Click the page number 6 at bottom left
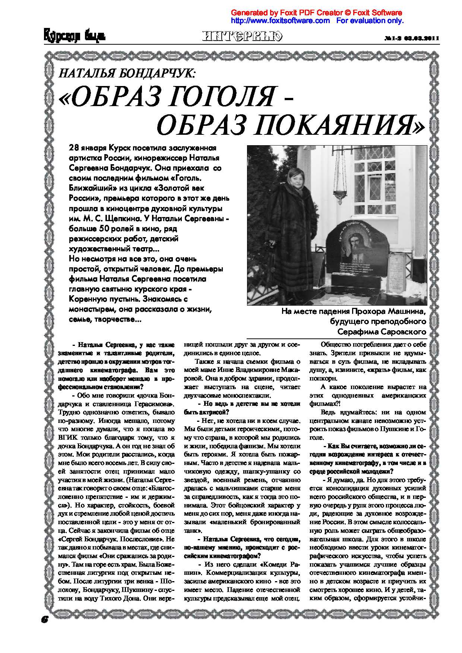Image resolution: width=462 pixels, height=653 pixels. (x=45, y=618)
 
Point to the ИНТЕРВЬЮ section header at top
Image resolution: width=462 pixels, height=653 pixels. (x=243, y=36)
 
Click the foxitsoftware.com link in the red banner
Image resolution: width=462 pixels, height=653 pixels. (x=281, y=21)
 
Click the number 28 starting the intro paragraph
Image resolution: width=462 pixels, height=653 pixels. (x=74, y=147)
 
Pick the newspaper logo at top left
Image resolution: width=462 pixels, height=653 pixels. (x=74, y=36)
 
